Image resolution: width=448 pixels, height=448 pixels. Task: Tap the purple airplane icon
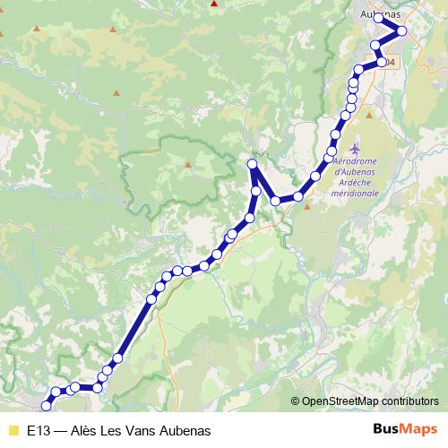click(358, 146)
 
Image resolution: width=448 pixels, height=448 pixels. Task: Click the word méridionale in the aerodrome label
click(355, 193)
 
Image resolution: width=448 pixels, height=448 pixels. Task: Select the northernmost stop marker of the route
click(379, 18)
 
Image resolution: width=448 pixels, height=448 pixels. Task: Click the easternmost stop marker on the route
click(402, 31)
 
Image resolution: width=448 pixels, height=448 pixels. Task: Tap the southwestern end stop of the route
click(46, 405)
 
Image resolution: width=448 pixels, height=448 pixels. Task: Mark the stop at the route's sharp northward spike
click(253, 163)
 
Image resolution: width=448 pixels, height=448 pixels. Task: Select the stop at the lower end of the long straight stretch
click(116, 359)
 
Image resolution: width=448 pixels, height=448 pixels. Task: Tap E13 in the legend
click(38, 430)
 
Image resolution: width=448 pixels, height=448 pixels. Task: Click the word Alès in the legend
click(83, 430)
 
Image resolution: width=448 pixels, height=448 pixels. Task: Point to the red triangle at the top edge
click(213, 3)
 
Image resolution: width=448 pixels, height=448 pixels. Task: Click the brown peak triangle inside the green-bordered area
click(189, 165)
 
